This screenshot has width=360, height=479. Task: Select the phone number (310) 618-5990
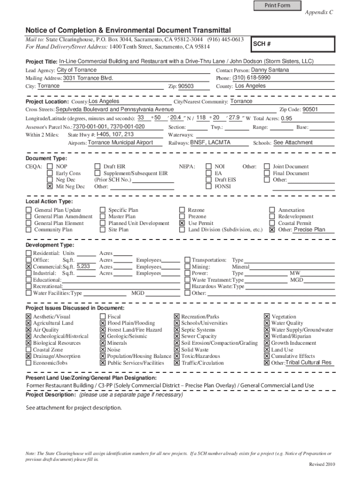click(x=252, y=78)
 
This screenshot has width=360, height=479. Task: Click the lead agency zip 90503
click(x=186, y=87)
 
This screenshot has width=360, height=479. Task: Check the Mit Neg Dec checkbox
click(x=50, y=186)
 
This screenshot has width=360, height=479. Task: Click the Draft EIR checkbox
click(x=98, y=167)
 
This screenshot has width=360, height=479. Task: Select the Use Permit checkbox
click(x=182, y=224)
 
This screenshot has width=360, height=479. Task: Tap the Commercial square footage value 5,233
click(x=83, y=266)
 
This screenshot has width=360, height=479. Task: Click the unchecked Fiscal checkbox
click(x=103, y=317)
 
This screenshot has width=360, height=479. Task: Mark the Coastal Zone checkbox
click(x=29, y=349)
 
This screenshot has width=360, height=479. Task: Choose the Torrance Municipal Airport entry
click(x=120, y=143)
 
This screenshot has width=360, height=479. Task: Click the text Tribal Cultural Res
click(x=309, y=363)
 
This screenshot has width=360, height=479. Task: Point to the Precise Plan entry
click(x=309, y=230)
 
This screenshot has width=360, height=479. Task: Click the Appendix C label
click(x=319, y=13)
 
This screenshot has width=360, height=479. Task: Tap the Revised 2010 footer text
click(x=322, y=464)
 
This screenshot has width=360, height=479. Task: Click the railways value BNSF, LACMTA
click(x=210, y=143)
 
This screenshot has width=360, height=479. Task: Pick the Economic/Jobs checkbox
click(x=29, y=363)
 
